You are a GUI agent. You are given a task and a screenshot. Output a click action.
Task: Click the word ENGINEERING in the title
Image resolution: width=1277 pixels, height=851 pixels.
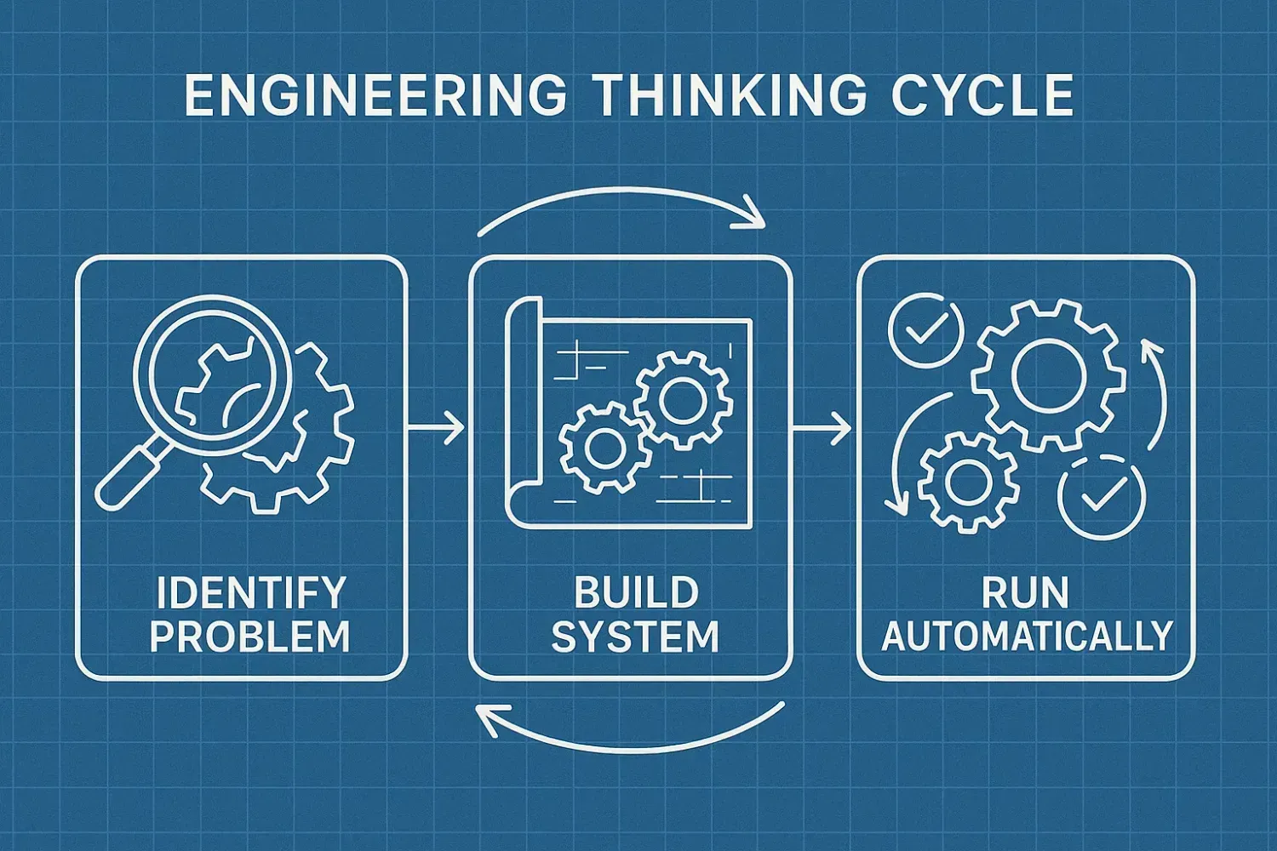coord(375,95)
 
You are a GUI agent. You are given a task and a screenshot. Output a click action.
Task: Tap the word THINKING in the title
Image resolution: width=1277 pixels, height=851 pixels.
coord(729,95)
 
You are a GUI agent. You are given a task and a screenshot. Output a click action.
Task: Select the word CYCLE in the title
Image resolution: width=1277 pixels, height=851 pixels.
coord(982,95)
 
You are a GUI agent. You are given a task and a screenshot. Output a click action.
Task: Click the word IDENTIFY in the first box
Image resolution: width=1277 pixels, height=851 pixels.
coord(251,593)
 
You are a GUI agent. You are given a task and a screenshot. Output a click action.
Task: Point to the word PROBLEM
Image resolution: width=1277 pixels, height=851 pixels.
coord(250,637)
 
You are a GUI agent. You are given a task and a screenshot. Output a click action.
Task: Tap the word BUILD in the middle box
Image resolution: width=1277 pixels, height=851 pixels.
coord(636,593)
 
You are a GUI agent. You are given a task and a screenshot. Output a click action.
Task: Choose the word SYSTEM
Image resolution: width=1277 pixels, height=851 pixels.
coord(635,637)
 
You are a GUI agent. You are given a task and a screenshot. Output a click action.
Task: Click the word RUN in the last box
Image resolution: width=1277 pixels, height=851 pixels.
coord(1025,593)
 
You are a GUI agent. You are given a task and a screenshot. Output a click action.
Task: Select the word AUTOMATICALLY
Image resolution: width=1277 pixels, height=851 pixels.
coord(1027,637)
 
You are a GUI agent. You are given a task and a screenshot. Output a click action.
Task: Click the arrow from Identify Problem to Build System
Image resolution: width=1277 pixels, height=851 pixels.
coord(438,427)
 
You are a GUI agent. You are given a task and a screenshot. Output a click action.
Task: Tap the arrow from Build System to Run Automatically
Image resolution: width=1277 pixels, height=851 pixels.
coord(823,427)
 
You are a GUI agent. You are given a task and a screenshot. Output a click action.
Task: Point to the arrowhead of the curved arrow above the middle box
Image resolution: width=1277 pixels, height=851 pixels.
coord(751,214)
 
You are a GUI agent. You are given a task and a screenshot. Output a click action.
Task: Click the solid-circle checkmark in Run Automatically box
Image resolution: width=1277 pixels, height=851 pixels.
coord(925,330)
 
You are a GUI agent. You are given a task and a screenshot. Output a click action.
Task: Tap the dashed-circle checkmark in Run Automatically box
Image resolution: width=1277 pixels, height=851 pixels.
coord(1102,497)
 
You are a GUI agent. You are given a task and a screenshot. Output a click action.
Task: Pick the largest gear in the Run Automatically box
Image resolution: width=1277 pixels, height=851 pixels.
coord(1048,375)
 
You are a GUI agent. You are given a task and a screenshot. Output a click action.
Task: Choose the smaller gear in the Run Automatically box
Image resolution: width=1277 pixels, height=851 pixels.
coord(969,482)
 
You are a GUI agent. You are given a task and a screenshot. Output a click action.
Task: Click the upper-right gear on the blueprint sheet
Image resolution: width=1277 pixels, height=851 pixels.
coord(683,400)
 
